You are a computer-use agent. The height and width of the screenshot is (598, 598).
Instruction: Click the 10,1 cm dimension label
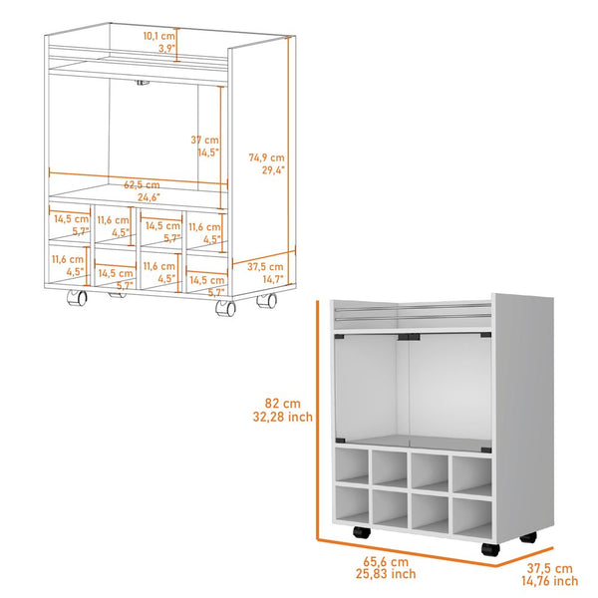[x=158, y=36]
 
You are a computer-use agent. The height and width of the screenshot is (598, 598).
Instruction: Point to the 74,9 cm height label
[x=267, y=157]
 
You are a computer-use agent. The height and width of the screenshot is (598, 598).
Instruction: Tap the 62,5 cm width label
[x=142, y=184]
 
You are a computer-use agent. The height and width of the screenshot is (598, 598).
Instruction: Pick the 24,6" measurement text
[x=142, y=197]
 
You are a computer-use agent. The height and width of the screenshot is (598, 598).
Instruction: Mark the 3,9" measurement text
[x=163, y=48]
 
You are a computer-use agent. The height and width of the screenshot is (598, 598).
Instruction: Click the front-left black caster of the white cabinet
[x=356, y=534]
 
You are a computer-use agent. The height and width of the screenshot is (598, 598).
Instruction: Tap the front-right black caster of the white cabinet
[x=487, y=549]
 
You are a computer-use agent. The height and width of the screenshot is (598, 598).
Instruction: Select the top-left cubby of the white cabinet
[x=353, y=465]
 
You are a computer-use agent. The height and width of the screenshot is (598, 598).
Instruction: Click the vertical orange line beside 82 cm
[x=318, y=419]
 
